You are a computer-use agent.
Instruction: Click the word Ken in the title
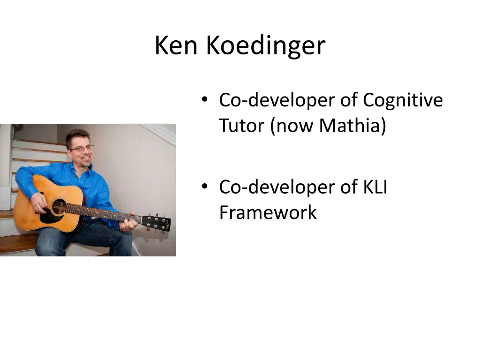tap(177, 45)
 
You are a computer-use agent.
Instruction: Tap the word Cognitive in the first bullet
tap(403, 100)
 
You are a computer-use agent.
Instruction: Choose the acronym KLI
tap(375, 187)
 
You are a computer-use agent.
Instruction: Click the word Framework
tap(268, 213)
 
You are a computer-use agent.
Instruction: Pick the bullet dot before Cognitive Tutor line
tap(204, 99)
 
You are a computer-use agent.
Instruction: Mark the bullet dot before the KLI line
tap(204, 186)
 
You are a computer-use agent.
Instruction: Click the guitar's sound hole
tap(58, 207)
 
